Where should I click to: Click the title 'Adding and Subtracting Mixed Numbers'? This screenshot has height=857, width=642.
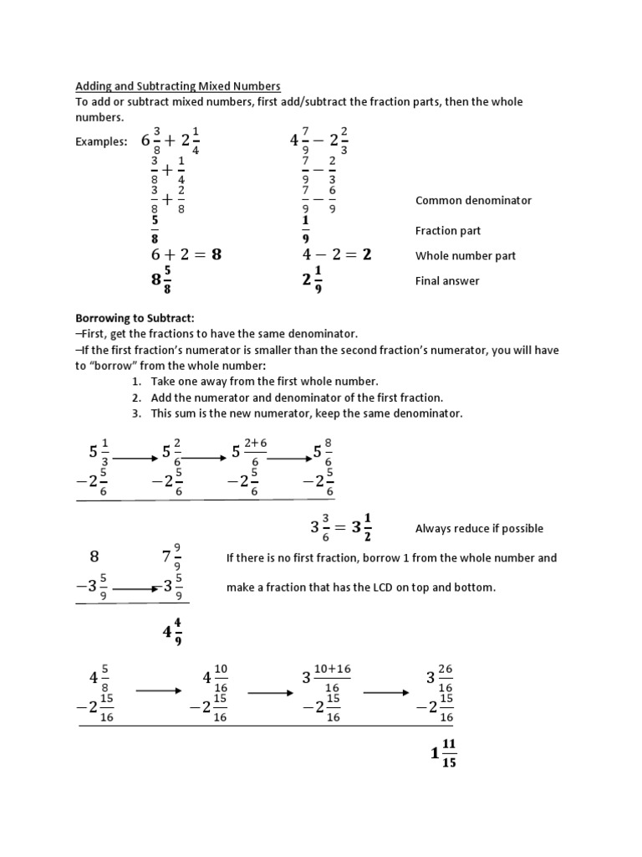[x=178, y=86]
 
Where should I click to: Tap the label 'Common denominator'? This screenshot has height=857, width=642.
[x=473, y=201]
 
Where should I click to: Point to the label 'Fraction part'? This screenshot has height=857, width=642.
[x=447, y=231]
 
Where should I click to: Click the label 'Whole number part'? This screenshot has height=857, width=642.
[x=465, y=256]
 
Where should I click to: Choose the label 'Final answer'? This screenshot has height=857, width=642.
[x=447, y=281]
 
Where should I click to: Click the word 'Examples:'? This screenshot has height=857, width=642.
[x=101, y=142]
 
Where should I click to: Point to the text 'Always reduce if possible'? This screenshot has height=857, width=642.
[x=479, y=529]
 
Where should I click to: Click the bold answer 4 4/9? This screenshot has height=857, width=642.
[x=173, y=633]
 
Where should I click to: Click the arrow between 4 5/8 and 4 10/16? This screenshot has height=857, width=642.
[x=159, y=690]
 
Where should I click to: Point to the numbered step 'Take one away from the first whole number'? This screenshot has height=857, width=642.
[x=265, y=382]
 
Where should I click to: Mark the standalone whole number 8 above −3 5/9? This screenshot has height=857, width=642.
[x=94, y=557]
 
